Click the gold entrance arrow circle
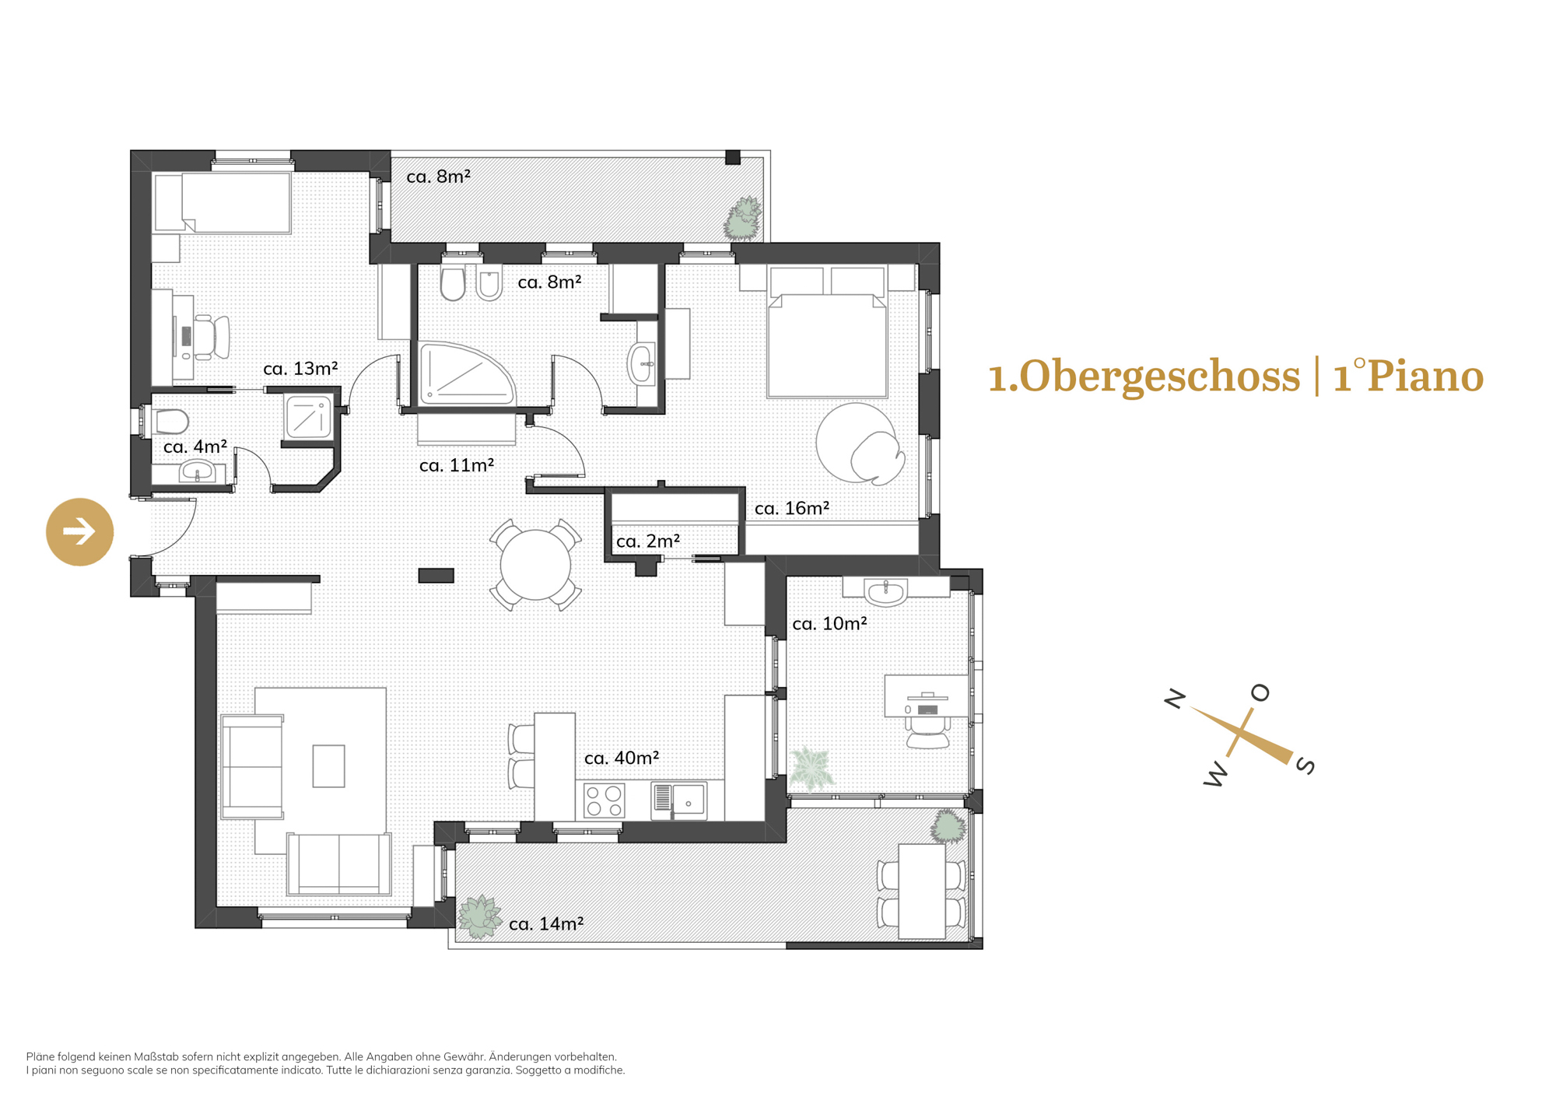(80, 532)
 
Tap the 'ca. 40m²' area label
(622, 758)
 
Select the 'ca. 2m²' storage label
(648, 541)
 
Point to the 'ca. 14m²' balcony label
(546, 923)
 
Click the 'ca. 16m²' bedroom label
(792, 508)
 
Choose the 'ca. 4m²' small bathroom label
(195, 447)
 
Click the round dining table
(535, 565)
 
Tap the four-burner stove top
(605, 800)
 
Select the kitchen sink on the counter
(679, 800)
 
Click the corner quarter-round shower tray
(465, 374)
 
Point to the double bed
(827, 332)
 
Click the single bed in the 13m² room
(223, 203)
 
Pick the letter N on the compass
(1175, 699)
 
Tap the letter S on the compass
(1305, 765)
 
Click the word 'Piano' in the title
(1425, 377)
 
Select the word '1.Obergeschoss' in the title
(1144, 377)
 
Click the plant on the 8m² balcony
(743, 219)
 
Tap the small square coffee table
(328, 766)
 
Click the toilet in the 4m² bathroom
(171, 422)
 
